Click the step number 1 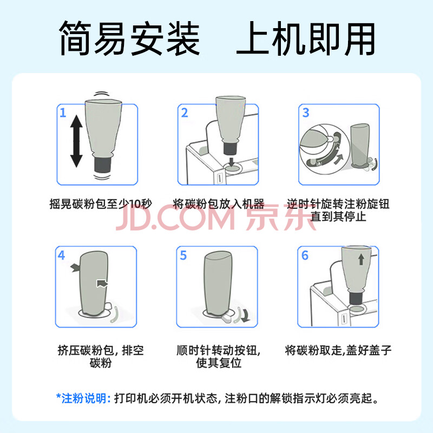click(63, 113)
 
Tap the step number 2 click(185, 113)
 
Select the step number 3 click(306, 113)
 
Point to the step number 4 click(61, 255)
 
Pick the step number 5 click(183, 255)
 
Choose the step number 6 click(305, 255)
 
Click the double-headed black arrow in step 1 click(76, 141)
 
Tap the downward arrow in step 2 click(232, 161)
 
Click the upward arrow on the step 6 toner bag click(361, 259)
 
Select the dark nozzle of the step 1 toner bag click(103, 165)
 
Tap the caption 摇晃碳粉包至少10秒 click(101, 204)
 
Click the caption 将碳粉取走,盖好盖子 click(338, 350)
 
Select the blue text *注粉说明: click(83, 398)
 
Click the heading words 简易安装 click(129, 38)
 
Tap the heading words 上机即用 click(306, 38)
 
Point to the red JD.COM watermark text click(175, 218)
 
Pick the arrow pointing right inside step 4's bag click(102, 283)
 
